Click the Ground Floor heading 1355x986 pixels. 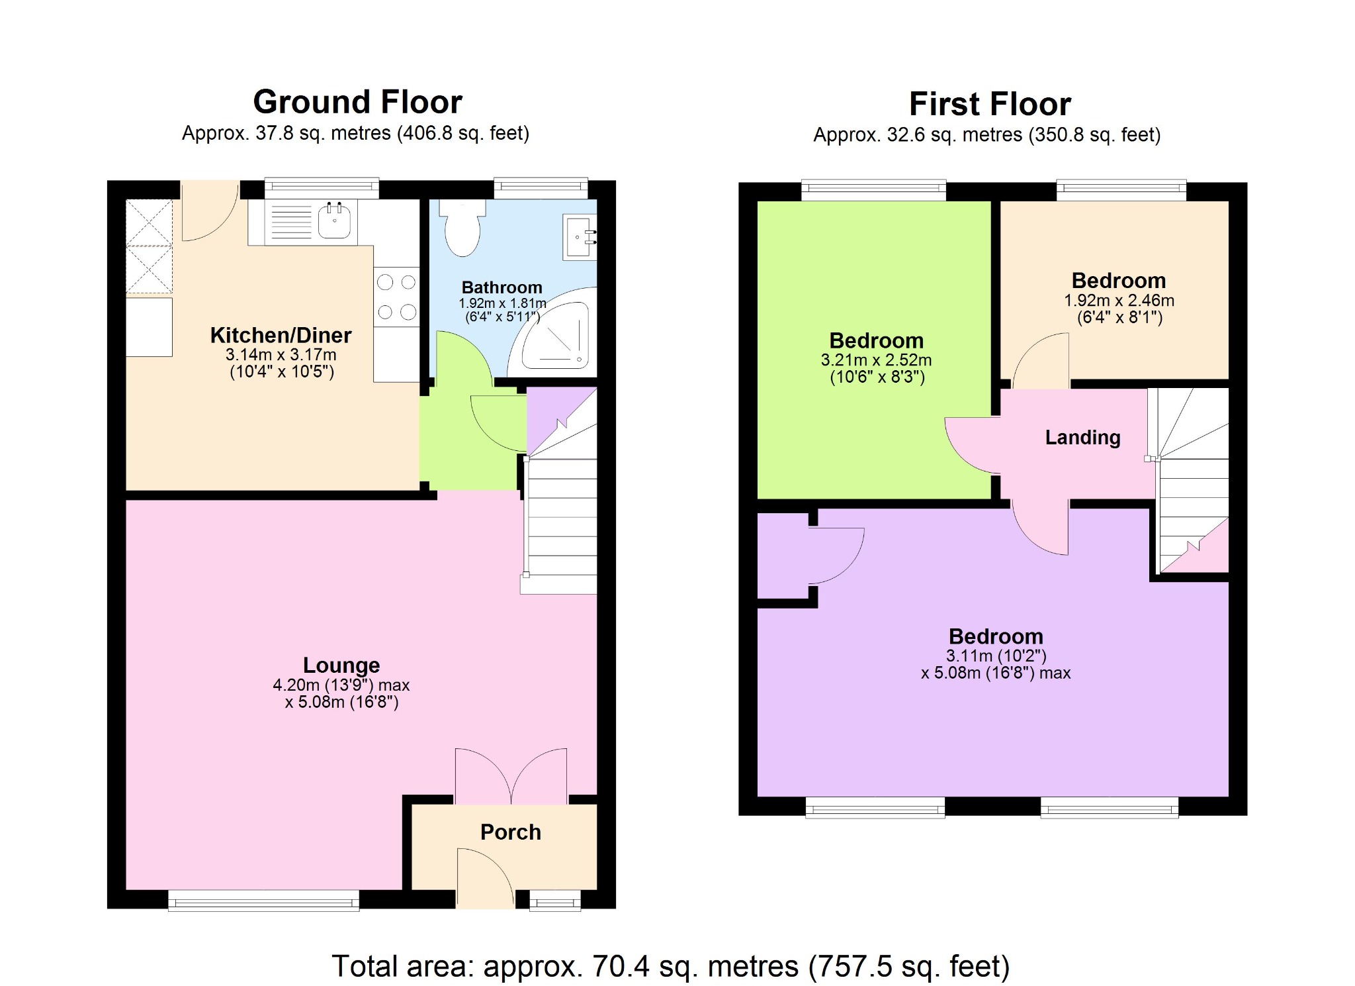(x=357, y=103)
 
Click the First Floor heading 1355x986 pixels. (x=990, y=105)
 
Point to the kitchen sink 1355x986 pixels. (x=334, y=221)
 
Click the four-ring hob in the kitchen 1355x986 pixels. (x=396, y=297)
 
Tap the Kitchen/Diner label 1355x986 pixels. (x=281, y=335)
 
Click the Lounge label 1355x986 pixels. (x=341, y=665)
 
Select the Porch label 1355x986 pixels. (x=510, y=832)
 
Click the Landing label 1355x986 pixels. (x=1082, y=437)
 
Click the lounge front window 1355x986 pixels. (x=263, y=900)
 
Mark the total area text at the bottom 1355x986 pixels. (x=670, y=966)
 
